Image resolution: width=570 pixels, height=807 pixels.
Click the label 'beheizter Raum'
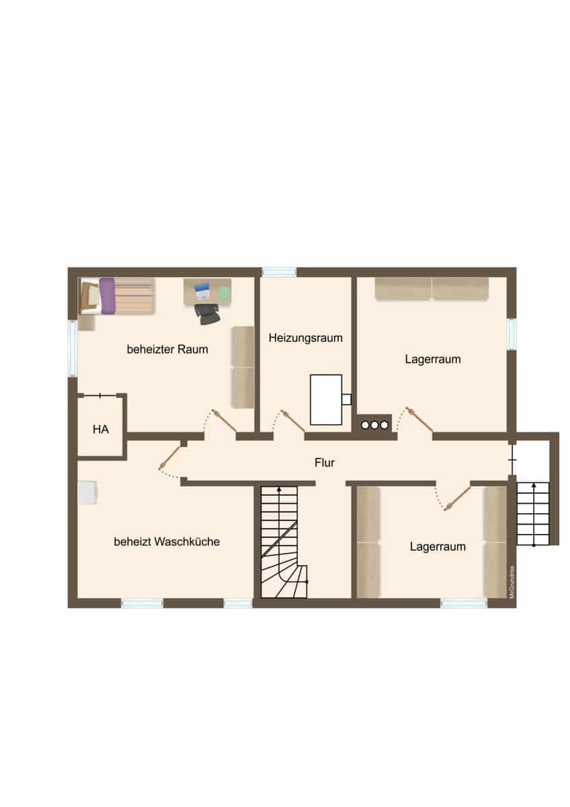tap(167, 349)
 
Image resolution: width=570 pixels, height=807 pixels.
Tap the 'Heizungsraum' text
tap(306, 338)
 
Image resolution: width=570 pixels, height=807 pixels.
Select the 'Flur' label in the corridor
tap(325, 463)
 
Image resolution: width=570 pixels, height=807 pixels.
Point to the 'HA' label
tap(101, 429)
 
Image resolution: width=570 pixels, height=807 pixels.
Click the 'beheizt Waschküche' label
tap(167, 541)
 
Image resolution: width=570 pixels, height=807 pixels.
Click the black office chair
tap(208, 314)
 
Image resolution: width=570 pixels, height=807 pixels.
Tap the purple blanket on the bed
tap(108, 296)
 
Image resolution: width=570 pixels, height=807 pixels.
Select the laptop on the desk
tap(202, 292)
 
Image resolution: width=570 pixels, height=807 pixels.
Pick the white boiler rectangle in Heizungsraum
tap(326, 399)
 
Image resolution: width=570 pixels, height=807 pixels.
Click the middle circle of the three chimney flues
tap(374, 425)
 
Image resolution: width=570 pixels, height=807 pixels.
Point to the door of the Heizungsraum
tap(293, 421)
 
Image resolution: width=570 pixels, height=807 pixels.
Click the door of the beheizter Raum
tap(224, 420)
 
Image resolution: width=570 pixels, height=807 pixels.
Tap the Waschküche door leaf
tap(169, 457)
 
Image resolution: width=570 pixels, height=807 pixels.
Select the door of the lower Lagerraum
tap(458, 498)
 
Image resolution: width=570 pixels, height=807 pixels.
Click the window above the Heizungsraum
tap(280, 272)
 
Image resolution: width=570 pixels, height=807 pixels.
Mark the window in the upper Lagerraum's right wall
tap(512, 334)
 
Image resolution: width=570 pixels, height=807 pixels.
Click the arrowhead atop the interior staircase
tap(279, 489)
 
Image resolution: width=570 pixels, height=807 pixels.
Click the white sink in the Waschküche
tap(87, 492)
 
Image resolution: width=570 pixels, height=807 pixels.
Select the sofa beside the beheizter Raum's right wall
tap(243, 367)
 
